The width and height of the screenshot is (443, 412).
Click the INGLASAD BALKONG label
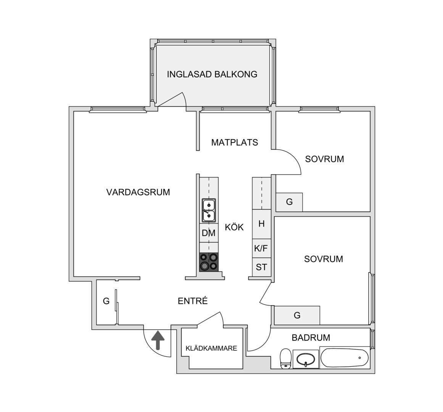point(212,74)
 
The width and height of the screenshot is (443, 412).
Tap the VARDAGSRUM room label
point(138,192)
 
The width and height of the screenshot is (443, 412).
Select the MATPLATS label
point(235,142)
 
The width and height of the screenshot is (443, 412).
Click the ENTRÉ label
point(193,301)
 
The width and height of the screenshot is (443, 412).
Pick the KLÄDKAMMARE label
point(211,348)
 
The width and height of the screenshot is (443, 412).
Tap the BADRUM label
point(311,338)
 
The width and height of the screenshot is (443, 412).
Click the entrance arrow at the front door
point(158,340)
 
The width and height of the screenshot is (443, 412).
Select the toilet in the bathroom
point(286,359)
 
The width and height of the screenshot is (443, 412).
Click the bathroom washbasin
point(306,359)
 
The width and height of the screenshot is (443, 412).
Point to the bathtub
point(345,357)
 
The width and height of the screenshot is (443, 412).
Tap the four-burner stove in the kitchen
point(209,262)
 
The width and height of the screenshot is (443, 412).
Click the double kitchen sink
point(209,210)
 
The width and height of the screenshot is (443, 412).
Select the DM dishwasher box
point(209,233)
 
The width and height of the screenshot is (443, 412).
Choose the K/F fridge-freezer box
point(262,248)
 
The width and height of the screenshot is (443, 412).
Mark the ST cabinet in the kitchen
point(262,267)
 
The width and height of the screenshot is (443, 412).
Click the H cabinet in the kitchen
point(262,224)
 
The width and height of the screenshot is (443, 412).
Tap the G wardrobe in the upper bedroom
point(289,202)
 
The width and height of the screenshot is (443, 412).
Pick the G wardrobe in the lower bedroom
point(297,315)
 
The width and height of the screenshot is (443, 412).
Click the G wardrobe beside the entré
point(106,301)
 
